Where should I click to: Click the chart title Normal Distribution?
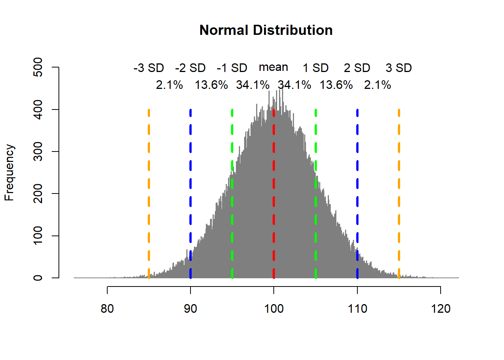266,30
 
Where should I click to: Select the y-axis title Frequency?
9,172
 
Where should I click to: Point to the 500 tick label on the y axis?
38,67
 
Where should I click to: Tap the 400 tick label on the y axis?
38,109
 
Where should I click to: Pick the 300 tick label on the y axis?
38,151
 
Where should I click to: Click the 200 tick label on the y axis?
38,193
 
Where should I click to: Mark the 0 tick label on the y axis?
38,278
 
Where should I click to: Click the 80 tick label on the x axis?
107,309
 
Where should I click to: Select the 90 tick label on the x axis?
190,309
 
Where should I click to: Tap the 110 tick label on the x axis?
357,309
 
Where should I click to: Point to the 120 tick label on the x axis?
441,309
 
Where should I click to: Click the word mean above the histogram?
273,67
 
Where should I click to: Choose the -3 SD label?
149,68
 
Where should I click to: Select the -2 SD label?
190,68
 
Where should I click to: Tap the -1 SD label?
232,68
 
